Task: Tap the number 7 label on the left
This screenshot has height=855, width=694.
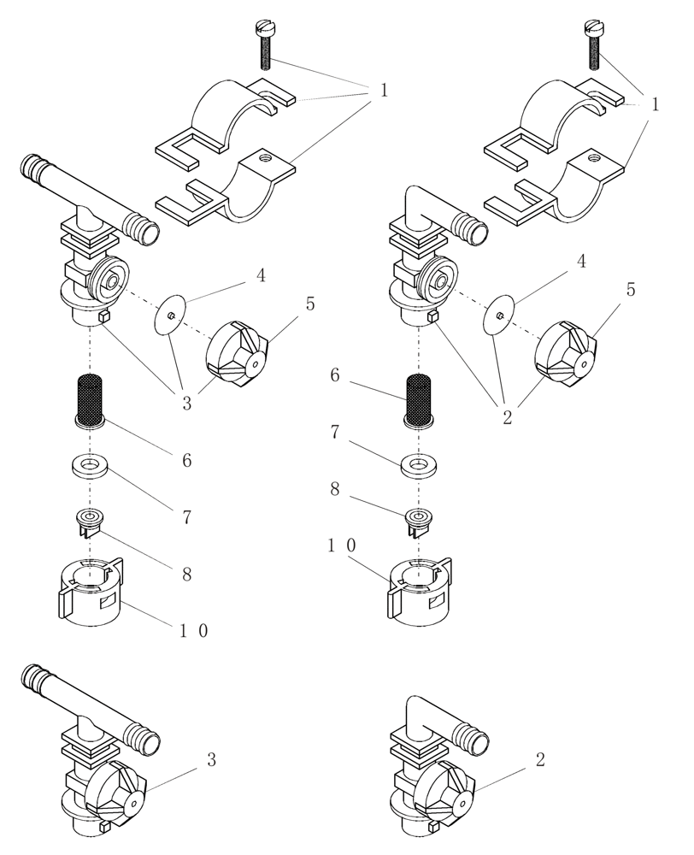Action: point(186,516)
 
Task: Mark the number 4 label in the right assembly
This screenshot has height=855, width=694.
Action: point(581,262)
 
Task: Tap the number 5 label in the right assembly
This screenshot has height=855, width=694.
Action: point(631,289)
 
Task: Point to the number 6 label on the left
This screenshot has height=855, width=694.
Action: point(186,461)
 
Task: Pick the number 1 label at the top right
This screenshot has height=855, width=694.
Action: point(654,105)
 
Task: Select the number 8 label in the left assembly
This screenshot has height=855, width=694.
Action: point(186,572)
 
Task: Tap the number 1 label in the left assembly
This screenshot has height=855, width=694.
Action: point(384,90)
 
